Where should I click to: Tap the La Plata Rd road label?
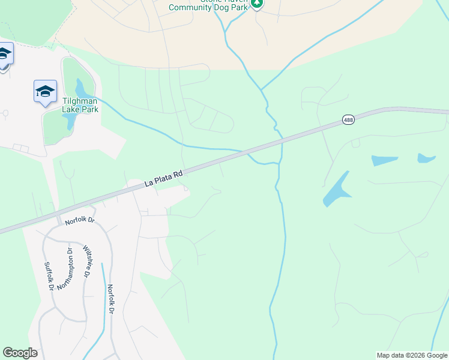tap(163, 179)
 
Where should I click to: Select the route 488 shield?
tap(348, 120)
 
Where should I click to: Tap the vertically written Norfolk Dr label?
tap(110, 298)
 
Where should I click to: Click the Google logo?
tap(20, 353)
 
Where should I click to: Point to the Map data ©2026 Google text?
tap(411, 355)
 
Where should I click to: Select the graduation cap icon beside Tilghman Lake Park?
tap(45, 91)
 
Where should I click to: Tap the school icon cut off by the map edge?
tap(4, 55)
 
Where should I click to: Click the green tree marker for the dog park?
tap(257, 4)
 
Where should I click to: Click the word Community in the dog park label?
tap(189, 8)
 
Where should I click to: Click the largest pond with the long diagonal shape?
tap(336, 189)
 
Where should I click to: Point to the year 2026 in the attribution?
tap(417, 355)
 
